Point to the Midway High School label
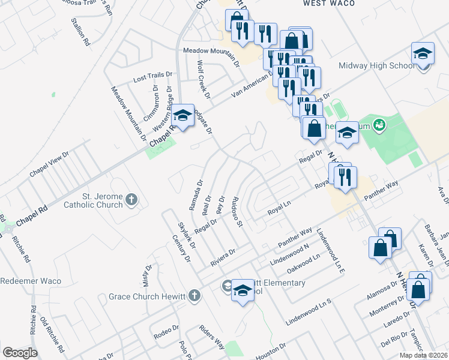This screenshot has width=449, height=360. pos(373,65)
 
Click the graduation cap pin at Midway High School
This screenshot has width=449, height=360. pos(423,54)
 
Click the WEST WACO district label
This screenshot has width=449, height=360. pos(328,4)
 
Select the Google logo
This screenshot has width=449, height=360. pos(20,353)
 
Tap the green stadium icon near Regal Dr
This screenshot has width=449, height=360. pos(379,125)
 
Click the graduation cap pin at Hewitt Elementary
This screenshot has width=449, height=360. pos(243,291)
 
